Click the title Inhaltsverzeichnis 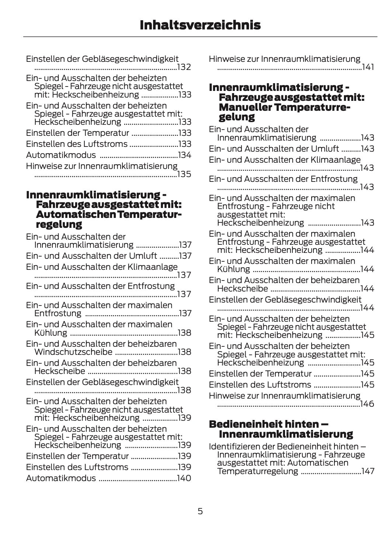[x=200, y=25]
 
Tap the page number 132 [x=184, y=67]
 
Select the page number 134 [x=184, y=155]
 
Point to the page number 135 [x=184, y=174]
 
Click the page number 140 [x=184, y=478]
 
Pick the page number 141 [x=368, y=67]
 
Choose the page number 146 [x=367, y=404]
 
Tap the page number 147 [x=368, y=471]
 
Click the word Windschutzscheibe [x=73, y=352]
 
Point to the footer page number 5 [x=200, y=511]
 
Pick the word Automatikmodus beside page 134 [x=61, y=155]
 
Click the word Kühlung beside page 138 [x=51, y=333]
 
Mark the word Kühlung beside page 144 [x=233, y=269]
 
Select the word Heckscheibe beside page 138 [x=60, y=371]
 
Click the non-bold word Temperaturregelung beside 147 [x=257, y=471]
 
